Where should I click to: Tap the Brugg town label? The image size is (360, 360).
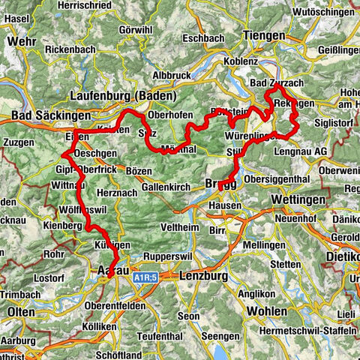click(x=220, y=184)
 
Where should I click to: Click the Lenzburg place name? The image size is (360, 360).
click(x=204, y=275)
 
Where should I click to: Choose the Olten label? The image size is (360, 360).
click(x=21, y=310)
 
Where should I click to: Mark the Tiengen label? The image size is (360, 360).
click(x=262, y=34)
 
